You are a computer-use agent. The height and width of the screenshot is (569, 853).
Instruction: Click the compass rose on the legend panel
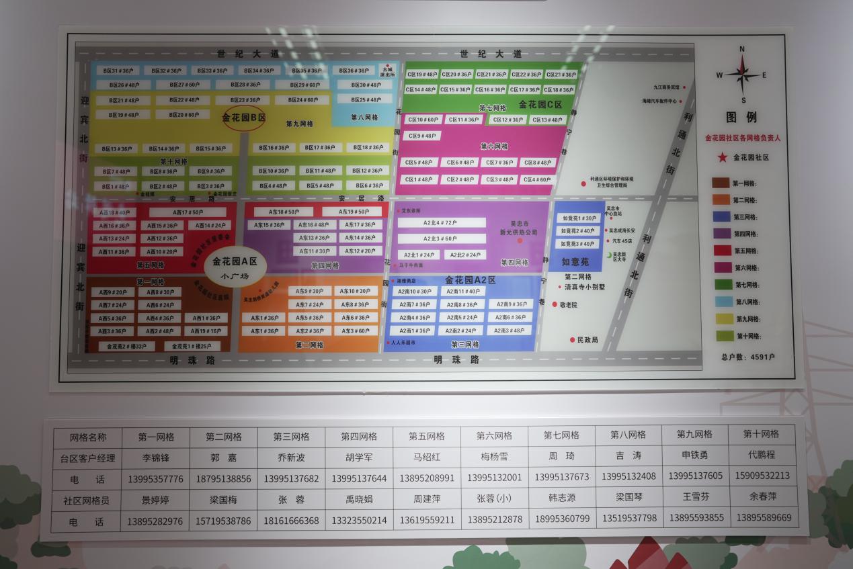pos(742,74)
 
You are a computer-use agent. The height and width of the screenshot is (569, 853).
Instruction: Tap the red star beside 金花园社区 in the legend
pos(722,157)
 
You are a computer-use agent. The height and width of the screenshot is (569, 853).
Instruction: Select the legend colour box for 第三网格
pos(721,216)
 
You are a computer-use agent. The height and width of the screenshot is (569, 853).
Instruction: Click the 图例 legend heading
pos(741,117)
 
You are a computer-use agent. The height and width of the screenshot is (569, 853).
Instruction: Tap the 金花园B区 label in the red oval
pos(244,117)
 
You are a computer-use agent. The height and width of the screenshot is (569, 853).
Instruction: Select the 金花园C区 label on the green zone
pos(540,104)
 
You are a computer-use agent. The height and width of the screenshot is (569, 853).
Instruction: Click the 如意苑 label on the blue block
pos(575,262)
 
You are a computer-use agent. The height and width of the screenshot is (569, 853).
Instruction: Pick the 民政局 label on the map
pos(587,340)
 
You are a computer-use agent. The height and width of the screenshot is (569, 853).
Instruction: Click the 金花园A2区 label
pos(470,280)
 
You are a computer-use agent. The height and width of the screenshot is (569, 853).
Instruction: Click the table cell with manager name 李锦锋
pos(156,457)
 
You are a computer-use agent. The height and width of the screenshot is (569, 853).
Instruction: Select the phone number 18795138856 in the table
pos(223,479)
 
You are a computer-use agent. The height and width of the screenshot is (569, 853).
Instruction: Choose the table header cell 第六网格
pos(494,436)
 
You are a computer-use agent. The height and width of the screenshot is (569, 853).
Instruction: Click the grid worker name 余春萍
pos(763,498)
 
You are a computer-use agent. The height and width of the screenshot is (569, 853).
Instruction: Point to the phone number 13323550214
pos(359,521)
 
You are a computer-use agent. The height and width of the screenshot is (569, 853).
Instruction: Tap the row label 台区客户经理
pos(88,457)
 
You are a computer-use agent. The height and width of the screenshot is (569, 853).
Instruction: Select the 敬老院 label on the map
pos(568,304)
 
